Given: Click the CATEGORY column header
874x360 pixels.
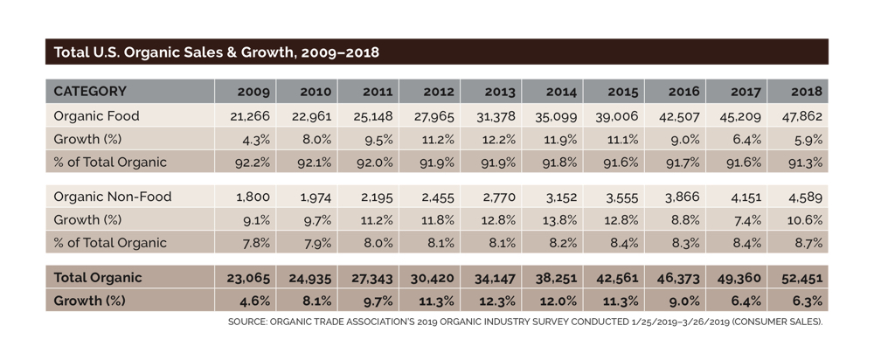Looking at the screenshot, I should (90, 91).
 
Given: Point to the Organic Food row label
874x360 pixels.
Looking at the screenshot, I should (96, 115).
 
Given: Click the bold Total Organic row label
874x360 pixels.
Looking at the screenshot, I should (97, 277).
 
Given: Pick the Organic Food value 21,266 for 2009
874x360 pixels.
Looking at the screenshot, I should (250, 116).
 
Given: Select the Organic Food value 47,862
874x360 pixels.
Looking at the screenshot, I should (801, 116).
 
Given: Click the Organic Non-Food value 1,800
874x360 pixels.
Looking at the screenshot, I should (254, 197).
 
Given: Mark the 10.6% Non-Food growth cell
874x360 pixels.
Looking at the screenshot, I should (804, 220).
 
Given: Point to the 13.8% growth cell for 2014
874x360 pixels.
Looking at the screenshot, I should (559, 220).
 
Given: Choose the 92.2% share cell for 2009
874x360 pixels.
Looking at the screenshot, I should (253, 162).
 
